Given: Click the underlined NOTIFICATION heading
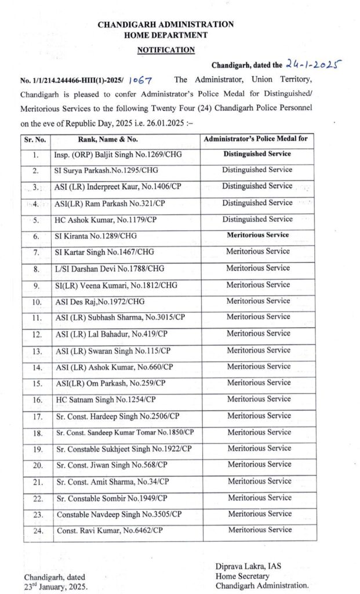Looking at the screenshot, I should coord(166,50).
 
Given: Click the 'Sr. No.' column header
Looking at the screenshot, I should coord(36,139).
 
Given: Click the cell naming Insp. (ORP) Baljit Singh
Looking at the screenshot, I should coord(110,155).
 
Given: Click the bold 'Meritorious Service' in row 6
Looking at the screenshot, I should coord(257,235).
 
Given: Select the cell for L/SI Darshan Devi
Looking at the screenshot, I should coord(107,268).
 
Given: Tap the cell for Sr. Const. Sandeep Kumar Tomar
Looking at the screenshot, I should coord(125,432).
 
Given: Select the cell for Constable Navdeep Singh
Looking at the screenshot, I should coord(119,514).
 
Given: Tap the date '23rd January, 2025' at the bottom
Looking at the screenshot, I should coord(56,586).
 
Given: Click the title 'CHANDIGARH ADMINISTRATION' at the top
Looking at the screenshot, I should coord(166,24).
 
